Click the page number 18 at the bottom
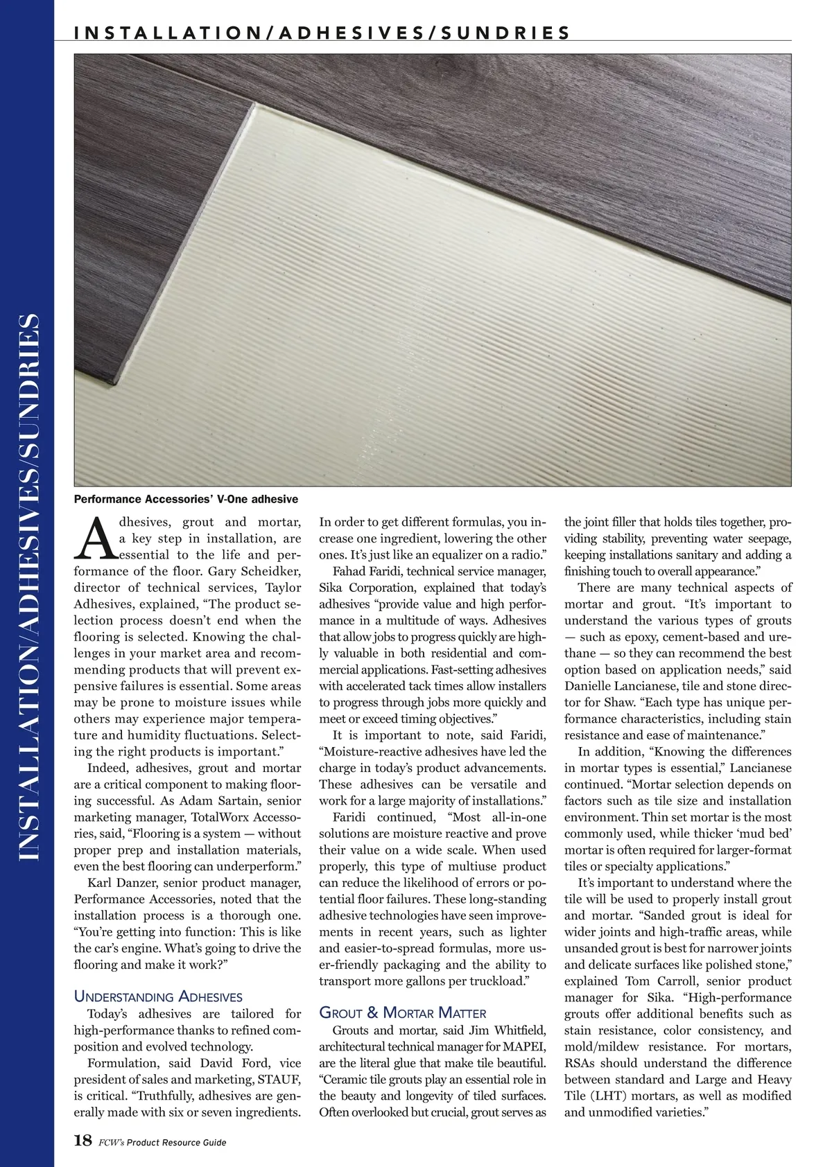[x=83, y=1141]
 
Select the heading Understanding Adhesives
[x=158, y=997]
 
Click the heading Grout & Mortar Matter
[x=402, y=1012]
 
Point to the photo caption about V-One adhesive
[x=186, y=499]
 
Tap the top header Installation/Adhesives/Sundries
[x=322, y=33]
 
